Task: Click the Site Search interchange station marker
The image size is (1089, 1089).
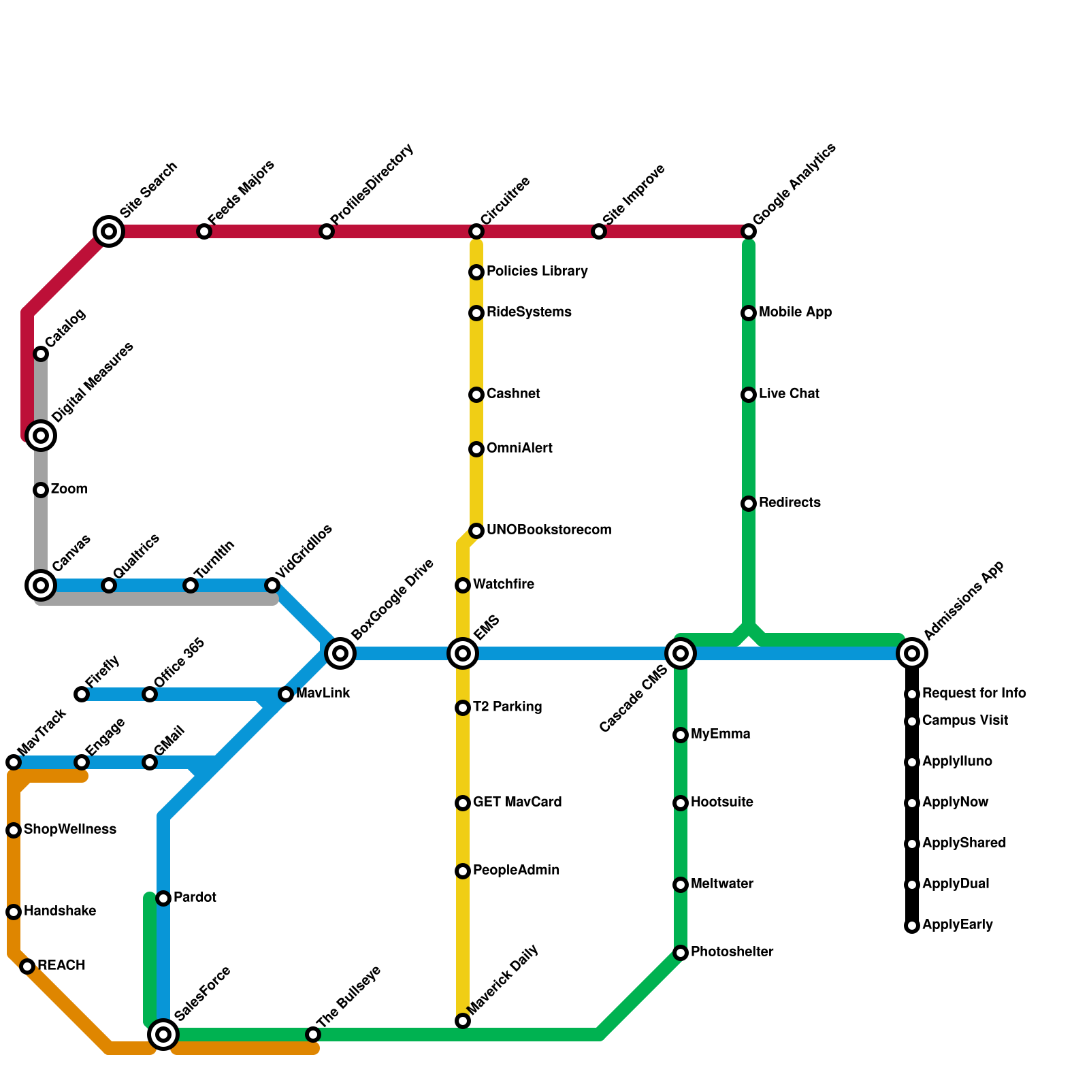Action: pyautogui.click(x=109, y=231)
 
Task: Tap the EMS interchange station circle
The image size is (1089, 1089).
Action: pyautogui.click(x=463, y=653)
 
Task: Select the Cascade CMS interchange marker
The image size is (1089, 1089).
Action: pyautogui.click(x=681, y=653)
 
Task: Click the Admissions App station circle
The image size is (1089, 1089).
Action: pyautogui.click(x=912, y=653)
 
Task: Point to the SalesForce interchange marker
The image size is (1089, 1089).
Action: pyautogui.click(x=163, y=1035)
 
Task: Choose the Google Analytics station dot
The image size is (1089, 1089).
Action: pyautogui.click(x=749, y=231)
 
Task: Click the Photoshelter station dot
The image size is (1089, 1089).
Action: pyautogui.click(x=681, y=953)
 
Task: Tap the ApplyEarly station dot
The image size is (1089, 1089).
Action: pyautogui.click(x=912, y=926)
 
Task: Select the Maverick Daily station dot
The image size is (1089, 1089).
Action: pyautogui.click(x=463, y=1021)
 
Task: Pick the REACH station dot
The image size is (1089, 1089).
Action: pyautogui.click(x=27, y=966)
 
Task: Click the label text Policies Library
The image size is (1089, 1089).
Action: pyautogui.click(x=537, y=272)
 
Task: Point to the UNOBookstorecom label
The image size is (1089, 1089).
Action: pyautogui.click(x=549, y=530)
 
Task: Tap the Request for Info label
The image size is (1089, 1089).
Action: pyautogui.click(x=974, y=694)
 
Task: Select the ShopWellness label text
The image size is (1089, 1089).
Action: pyautogui.click(x=70, y=830)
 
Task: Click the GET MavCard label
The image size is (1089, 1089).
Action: pyautogui.click(x=517, y=802)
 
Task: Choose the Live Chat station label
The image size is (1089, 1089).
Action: pyautogui.click(x=789, y=394)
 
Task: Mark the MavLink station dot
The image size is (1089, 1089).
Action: pyautogui.click(x=286, y=694)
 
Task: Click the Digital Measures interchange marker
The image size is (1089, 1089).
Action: pyautogui.click(x=41, y=436)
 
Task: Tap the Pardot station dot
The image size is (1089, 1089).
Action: pyautogui.click(x=163, y=898)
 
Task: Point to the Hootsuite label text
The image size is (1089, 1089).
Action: pyautogui.click(x=722, y=802)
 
